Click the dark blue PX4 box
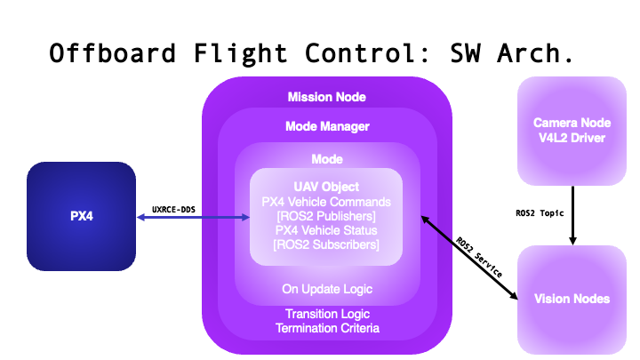click(x=81, y=216)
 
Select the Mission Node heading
click(x=326, y=96)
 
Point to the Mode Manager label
click(x=326, y=126)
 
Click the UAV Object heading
click(x=326, y=187)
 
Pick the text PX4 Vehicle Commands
click(x=326, y=201)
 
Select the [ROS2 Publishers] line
click(x=326, y=216)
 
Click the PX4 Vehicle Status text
click(x=326, y=230)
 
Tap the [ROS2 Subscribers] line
click(x=326, y=244)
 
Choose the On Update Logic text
click(x=326, y=288)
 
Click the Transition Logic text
click(x=326, y=314)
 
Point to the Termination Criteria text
click(x=326, y=328)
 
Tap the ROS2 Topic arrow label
click(x=540, y=213)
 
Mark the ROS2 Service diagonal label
click(x=479, y=259)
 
